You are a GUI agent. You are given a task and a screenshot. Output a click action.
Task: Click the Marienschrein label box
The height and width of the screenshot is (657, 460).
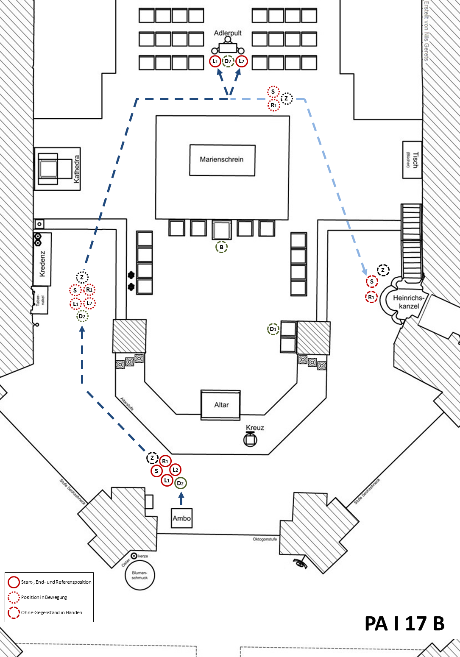(x=222, y=160)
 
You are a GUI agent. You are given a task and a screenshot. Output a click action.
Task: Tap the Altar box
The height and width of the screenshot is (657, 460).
(x=221, y=405)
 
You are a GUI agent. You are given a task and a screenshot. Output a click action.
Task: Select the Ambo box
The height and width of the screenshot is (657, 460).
(x=181, y=518)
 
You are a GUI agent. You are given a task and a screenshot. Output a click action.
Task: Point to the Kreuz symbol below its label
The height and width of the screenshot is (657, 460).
(x=250, y=440)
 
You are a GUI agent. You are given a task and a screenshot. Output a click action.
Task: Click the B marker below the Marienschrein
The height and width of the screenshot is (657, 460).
(x=221, y=247)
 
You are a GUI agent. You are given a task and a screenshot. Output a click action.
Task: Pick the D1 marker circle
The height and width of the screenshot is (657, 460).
(x=273, y=329)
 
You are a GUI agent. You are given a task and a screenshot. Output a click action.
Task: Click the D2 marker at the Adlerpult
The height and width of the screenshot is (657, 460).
(x=228, y=61)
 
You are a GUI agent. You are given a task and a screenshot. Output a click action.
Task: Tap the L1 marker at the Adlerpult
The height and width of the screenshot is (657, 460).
(x=215, y=61)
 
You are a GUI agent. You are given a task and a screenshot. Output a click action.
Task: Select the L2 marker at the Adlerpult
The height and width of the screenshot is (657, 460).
(x=241, y=61)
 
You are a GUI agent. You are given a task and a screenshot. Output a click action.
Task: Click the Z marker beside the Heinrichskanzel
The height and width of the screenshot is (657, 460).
(x=383, y=270)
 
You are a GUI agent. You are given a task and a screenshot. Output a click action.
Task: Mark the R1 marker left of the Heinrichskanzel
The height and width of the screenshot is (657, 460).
(x=371, y=297)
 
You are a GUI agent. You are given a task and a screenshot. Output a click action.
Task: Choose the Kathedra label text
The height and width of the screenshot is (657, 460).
(x=77, y=169)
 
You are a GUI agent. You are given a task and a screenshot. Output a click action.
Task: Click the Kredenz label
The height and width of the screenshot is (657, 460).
(x=42, y=264)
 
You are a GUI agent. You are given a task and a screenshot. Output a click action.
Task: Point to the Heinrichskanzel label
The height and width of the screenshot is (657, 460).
(x=409, y=302)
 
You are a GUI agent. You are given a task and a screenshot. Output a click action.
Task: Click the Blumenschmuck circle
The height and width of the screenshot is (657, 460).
(x=140, y=575)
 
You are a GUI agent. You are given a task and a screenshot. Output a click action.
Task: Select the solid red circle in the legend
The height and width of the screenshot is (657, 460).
(x=14, y=582)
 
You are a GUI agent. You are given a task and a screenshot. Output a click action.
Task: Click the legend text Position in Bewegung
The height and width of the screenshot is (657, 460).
(x=44, y=597)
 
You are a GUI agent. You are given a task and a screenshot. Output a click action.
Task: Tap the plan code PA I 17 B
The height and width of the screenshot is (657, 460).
(x=404, y=624)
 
